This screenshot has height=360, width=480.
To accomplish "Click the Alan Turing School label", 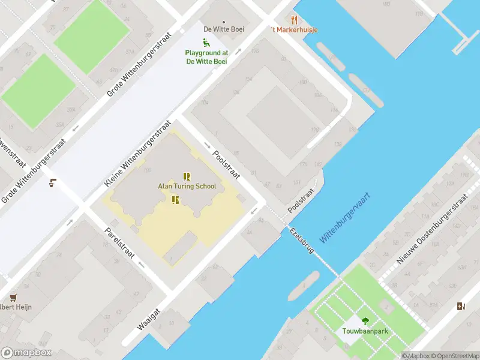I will click(187, 187).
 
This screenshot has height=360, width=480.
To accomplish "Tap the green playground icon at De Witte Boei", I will click(206, 43).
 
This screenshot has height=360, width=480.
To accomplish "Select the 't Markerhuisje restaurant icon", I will click(294, 20).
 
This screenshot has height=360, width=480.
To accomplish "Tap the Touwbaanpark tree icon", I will click(365, 321).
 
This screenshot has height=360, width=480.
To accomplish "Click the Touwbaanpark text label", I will click(365, 331).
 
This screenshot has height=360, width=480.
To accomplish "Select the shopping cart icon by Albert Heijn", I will click(13, 297).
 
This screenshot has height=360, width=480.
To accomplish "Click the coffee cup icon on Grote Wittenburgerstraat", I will click(53, 183).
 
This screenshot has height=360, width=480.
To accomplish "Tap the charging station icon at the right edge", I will click(460, 307).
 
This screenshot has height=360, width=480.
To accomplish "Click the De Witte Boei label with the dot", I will click(223, 28).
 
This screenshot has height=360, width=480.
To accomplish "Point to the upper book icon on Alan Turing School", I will click(187, 176).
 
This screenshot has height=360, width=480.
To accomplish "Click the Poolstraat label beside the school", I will click(226, 164).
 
